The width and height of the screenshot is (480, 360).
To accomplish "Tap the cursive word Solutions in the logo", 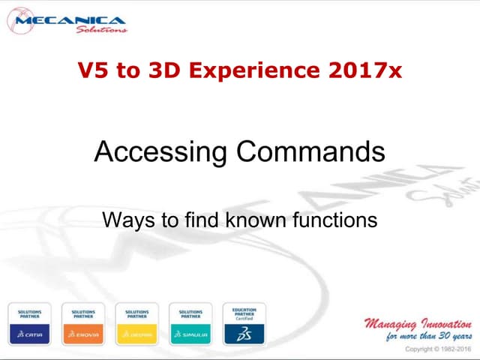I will pos(101,30).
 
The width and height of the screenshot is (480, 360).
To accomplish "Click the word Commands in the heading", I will pos(310,152).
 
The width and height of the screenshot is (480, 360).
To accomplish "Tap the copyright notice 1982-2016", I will pos(454,349).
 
